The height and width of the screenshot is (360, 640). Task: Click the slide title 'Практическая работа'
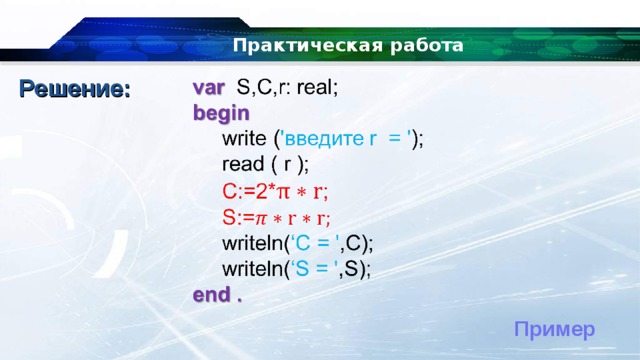point(348,46)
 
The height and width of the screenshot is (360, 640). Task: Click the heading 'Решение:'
point(75,89)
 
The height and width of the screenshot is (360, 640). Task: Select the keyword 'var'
point(209,86)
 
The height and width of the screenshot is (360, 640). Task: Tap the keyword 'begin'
point(221,112)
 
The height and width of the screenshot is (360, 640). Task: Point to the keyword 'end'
point(210,295)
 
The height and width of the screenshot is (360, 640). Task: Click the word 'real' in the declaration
point(316,86)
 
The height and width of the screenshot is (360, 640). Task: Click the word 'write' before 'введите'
point(245,139)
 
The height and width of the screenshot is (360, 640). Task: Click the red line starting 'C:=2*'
point(276,191)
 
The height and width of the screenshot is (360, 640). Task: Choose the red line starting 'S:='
point(277,217)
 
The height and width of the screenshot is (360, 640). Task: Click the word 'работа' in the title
point(424,46)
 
